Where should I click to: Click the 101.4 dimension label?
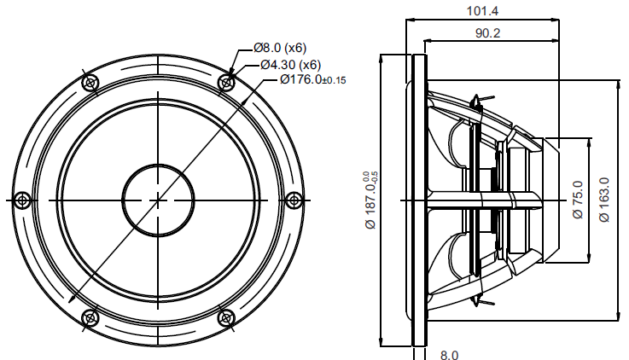click(x=482, y=11)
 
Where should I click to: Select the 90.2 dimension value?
click(x=488, y=33)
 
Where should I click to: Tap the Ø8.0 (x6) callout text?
click(x=280, y=48)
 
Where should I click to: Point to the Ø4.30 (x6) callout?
click(x=291, y=64)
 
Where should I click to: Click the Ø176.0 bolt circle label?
click(x=313, y=79)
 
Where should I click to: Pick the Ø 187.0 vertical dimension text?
click(x=370, y=200)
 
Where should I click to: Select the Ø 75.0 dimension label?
click(x=578, y=200)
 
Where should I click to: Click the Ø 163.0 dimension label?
click(x=604, y=200)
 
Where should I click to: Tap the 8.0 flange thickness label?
click(x=449, y=355)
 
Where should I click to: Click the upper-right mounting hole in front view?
click(x=226, y=83)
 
